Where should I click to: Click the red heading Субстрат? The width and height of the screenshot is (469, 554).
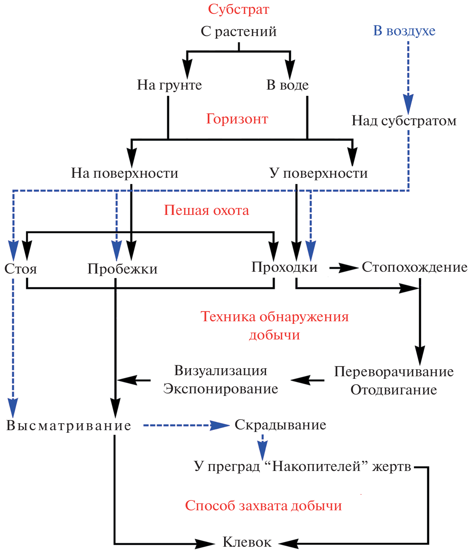(238, 9)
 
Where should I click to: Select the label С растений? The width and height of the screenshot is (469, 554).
(239, 32)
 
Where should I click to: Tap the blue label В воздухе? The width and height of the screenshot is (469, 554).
(404, 31)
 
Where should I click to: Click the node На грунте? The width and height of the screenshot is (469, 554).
(169, 85)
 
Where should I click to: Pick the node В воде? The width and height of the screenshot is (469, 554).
(288, 85)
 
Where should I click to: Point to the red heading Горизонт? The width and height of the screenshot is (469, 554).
(237, 119)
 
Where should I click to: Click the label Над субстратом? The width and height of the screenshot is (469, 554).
(404, 121)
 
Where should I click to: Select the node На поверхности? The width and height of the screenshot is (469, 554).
(125, 173)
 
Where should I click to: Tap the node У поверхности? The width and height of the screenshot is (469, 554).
(318, 173)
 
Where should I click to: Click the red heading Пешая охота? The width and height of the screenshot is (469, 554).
(206, 210)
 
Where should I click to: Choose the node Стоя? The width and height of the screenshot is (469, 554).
(20, 269)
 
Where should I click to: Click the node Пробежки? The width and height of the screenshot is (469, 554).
(122, 269)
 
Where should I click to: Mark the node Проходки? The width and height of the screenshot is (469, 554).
(284, 267)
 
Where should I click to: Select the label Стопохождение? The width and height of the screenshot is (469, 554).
(414, 267)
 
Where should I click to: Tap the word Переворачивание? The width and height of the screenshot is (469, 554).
(394, 372)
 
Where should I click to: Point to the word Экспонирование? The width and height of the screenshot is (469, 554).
(220, 389)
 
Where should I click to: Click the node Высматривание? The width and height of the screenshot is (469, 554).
(69, 425)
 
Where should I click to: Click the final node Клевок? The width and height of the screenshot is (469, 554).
(247, 542)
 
